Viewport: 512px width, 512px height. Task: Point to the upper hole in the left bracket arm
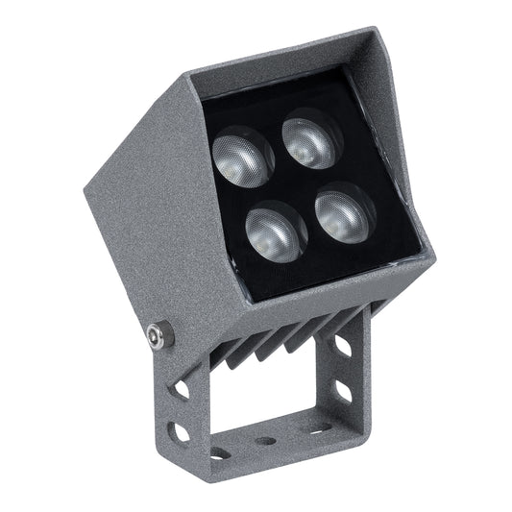coord(182,391)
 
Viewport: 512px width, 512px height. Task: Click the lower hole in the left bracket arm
coord(181,432)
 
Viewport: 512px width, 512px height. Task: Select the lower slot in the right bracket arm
coord(344,389)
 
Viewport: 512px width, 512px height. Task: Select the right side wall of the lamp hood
coord(408,173)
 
